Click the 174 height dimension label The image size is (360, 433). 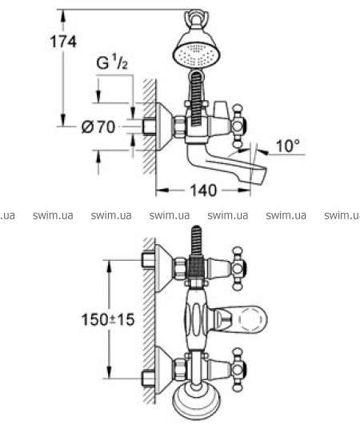coord(63,42)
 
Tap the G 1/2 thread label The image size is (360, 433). coord(112,62)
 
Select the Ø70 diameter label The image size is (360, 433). coord(98,127)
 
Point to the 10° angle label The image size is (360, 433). coord(288,146)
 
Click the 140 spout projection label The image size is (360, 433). coord(203,190)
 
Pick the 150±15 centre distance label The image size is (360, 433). coord(108,320)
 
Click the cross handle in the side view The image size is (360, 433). coord(239,126)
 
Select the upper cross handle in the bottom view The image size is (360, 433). coord(239,268)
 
